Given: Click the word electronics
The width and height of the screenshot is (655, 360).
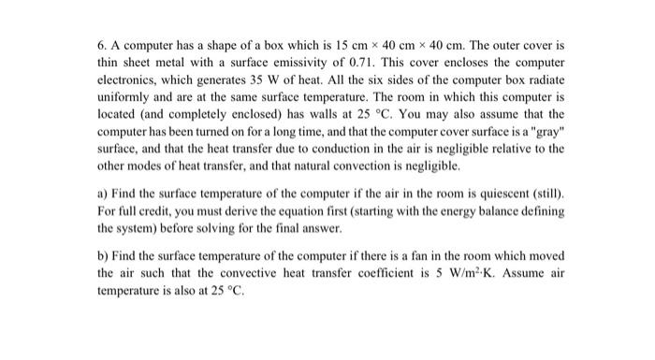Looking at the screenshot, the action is tap(127, 81).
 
